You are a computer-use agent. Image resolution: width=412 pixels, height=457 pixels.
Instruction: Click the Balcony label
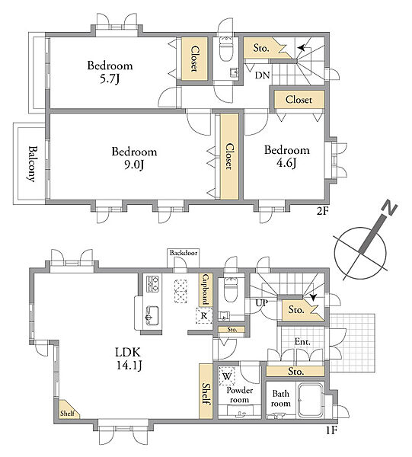coord(32,164)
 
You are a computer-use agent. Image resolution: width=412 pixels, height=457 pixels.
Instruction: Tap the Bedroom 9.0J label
coord(134,158)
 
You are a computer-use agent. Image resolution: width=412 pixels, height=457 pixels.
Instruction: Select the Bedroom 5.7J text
coord(110,72)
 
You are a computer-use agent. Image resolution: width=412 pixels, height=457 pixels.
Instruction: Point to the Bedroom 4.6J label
coord(286,156)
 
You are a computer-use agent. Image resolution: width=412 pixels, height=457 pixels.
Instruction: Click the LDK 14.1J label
coord(129,359)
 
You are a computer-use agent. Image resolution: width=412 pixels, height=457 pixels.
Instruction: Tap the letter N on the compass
coord(389,207)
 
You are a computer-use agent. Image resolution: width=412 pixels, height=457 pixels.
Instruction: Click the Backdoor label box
coord(184,253)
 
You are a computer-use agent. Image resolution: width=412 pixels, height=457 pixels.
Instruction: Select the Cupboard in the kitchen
coord(206,289)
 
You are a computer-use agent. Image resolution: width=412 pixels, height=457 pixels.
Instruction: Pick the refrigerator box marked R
coord(204,316)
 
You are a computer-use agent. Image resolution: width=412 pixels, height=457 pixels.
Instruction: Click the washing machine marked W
coord(227,376)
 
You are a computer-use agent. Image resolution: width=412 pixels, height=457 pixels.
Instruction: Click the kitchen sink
coord(152,315)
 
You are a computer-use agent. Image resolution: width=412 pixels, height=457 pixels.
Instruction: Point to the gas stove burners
coord(153,284)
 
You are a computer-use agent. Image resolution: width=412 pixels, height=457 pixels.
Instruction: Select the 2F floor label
coord(323,211)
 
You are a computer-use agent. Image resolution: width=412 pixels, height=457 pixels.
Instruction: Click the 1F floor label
coord(331,430)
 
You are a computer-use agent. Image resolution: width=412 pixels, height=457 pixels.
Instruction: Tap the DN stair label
coord(262,75)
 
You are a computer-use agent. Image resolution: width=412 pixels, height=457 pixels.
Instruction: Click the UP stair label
coord(262,303)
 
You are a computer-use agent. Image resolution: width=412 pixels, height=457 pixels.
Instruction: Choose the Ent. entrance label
coord(302,341)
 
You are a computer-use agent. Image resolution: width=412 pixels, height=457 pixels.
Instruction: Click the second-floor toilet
coord(226,50)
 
